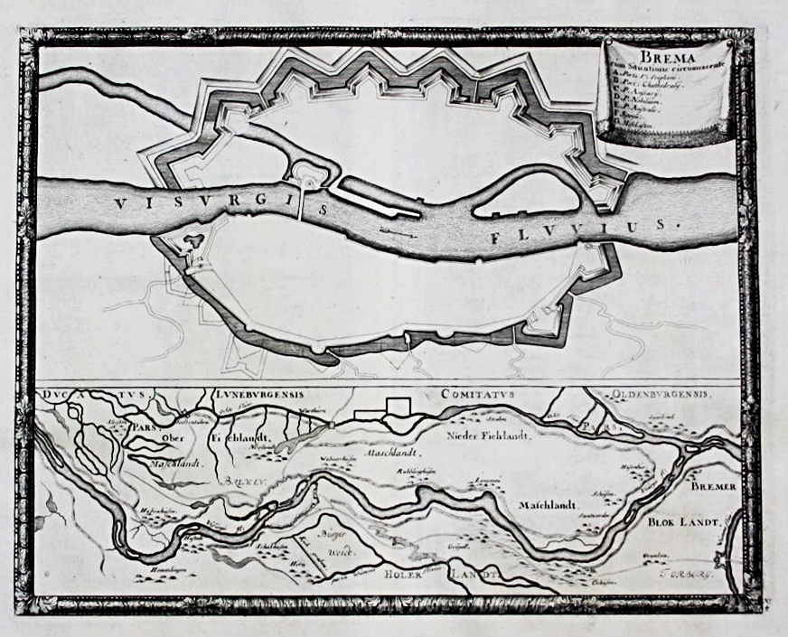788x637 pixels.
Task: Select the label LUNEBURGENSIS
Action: point(263,395)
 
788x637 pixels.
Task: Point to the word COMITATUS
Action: point(477,395)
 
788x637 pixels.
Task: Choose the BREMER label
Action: point(715,487)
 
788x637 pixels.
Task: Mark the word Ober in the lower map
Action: point(171,440)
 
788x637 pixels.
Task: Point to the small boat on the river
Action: point(398,232)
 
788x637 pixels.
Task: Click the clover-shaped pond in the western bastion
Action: point(192,242)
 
